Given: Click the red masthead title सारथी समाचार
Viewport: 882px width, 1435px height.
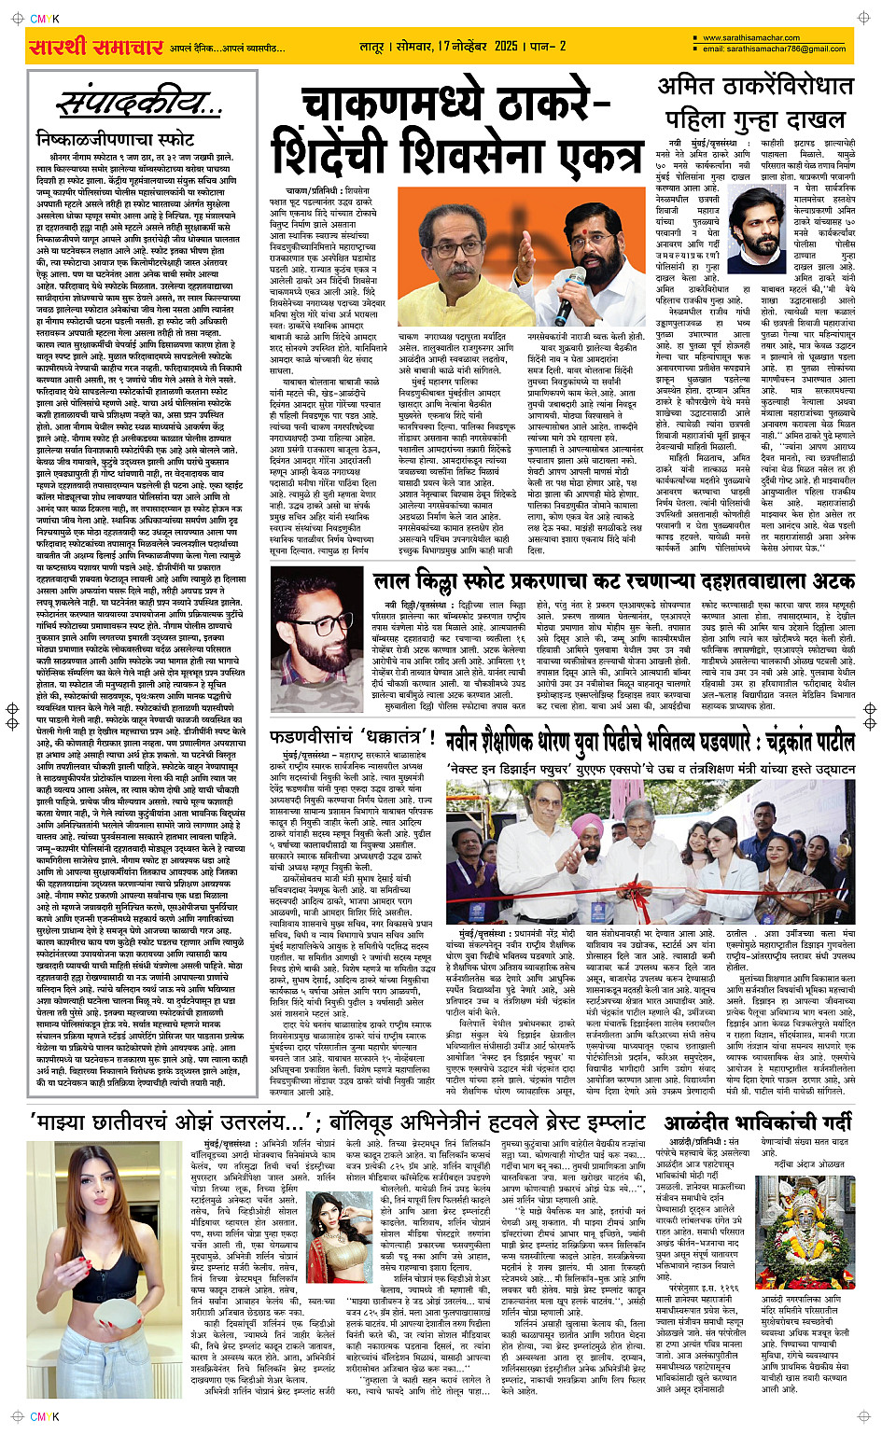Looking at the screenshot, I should (x=96, y=48).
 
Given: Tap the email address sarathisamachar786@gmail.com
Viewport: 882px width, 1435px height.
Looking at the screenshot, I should (x=775, y=49).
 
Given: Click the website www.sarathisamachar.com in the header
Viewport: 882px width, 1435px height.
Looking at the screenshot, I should (x=751, y=38).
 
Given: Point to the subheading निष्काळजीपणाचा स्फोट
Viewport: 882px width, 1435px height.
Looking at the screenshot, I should (x=116, y=139).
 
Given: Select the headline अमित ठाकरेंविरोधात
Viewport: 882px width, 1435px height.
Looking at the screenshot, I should (x=756, y=87).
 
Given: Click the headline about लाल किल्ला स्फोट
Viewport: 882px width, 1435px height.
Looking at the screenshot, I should (x=613, y=581).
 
